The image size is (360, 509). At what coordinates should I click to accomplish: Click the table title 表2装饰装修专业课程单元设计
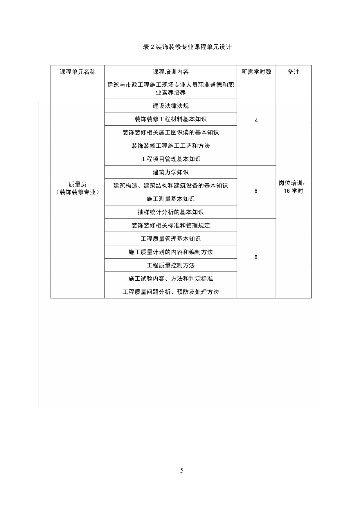[187, 47]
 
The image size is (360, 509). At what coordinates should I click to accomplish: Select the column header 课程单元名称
[77, 72]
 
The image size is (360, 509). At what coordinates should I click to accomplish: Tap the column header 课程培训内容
[171, 72]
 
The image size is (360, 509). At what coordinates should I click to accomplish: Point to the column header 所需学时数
[256, 72]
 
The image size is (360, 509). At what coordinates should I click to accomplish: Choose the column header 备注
[293, 72]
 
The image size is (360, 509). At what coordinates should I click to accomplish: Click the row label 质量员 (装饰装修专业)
[77, 188]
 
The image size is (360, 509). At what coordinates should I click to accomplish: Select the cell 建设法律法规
[171, 106]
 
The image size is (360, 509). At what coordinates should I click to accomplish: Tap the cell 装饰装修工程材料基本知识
[171, 119]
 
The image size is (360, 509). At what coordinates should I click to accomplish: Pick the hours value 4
[256, 121]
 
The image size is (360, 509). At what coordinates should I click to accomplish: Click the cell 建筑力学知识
[171, 172]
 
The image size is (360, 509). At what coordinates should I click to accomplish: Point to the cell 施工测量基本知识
[171, 199]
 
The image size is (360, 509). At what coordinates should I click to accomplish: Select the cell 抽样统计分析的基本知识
[171, 212]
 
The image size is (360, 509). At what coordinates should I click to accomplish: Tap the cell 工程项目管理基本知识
[171, 159]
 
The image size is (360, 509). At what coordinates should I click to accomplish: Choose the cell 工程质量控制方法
[171, 265]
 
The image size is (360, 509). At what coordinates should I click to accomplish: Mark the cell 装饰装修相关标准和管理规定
[171, 225]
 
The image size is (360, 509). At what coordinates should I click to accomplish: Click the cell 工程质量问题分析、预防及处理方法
[171, 292]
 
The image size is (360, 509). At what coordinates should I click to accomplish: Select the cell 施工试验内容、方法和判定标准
[171, 278]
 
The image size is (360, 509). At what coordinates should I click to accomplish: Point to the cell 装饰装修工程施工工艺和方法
[171, 146]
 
